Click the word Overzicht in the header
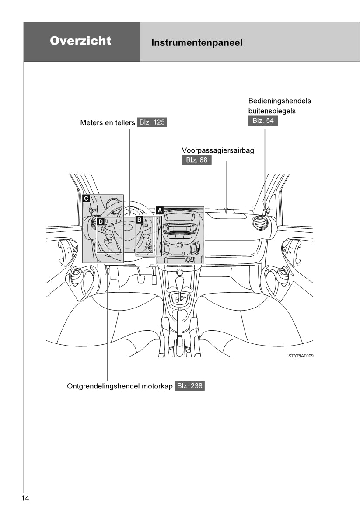80,41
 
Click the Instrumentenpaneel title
196,43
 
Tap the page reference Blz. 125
152,122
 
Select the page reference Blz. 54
263,120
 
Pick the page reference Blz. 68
197,160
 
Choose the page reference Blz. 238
190,386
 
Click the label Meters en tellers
108,122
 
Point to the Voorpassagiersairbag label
218,150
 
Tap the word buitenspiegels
272,111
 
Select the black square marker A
160,210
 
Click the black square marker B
139,219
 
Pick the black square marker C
86,198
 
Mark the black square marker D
100,222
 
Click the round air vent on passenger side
261,223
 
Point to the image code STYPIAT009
301,356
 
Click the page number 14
25,499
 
